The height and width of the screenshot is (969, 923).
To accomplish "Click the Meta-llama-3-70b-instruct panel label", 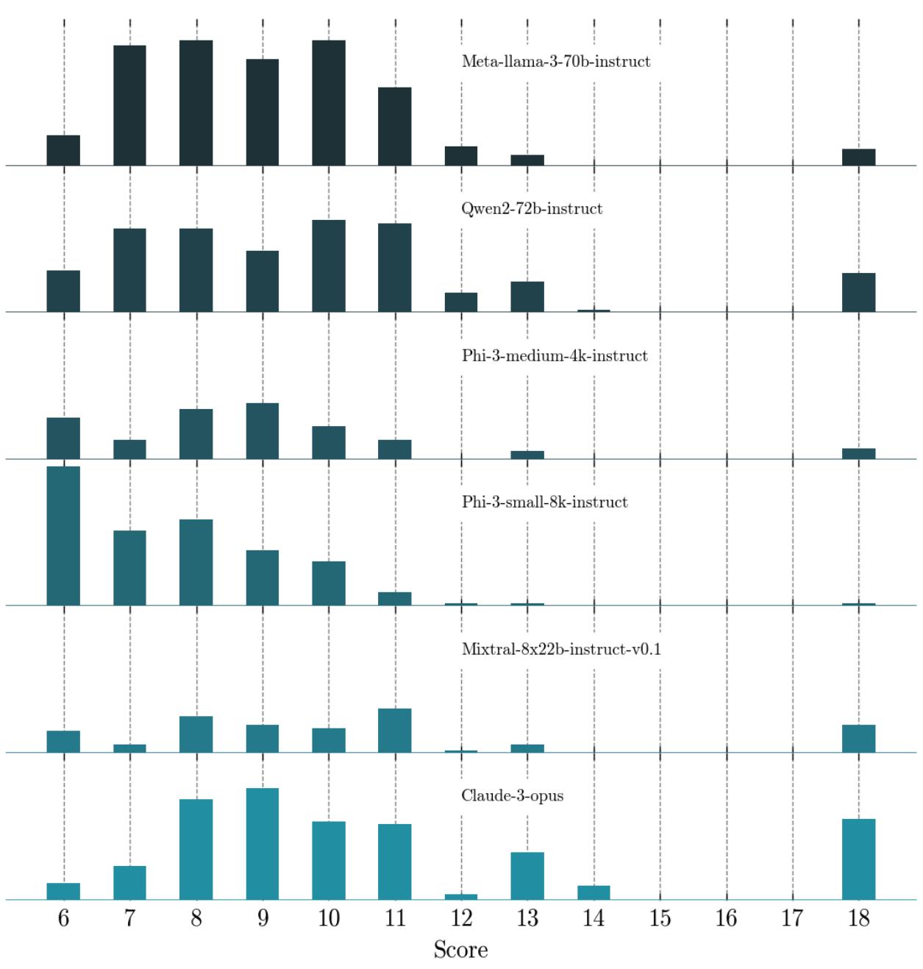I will click(x=555, y=62).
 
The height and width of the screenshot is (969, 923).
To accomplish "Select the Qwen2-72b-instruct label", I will click(x=532, y=209).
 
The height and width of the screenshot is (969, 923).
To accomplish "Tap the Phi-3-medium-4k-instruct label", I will click(x=555, y=356).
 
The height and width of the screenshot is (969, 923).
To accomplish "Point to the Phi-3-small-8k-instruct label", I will click(x=544, y=503).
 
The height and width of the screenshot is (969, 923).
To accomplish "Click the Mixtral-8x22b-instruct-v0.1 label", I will click(x=561, y=650).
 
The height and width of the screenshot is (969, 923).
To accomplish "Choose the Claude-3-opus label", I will click(x=512, y=796).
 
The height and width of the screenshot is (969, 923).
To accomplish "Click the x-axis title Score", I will click(x=460, y=950).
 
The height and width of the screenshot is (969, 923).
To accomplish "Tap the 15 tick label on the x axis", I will click(x=660, y=918).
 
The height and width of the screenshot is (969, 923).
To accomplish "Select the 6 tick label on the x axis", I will click(x=63, y=918).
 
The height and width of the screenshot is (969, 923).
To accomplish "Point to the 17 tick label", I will click(x=792, y=918).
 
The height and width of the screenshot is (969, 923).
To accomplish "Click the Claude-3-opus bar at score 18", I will click(x=858, y=859).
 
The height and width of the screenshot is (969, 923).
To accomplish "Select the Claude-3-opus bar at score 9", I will click(x=263, y=844).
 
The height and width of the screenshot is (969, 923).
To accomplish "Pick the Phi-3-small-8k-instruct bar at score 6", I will click(x=63, y=536).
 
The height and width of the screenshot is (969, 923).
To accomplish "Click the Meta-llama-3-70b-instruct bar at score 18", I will click(x=858, y=157).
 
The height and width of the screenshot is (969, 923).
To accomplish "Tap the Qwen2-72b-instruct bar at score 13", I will click(x=527, y=297).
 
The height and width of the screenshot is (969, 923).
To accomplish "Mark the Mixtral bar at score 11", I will click(x=395, y=731).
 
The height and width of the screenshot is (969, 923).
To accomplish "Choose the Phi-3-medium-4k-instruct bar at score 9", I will click(x=263, y=431).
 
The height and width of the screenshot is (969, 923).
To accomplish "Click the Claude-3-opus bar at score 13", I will click(x=527, y=876).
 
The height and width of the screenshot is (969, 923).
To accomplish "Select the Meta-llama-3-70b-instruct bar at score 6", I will click(x=63, y=150).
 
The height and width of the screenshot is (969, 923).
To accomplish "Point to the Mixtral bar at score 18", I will click(x=858, y=739).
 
